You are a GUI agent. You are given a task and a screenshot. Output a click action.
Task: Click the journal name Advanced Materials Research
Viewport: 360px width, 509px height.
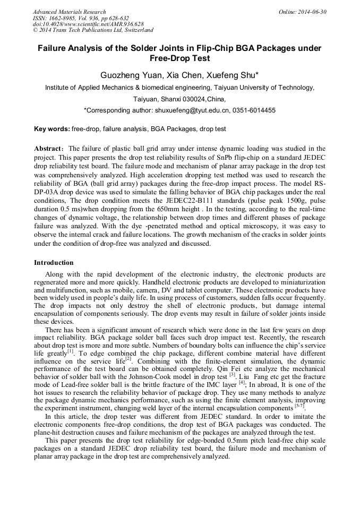point(69,12)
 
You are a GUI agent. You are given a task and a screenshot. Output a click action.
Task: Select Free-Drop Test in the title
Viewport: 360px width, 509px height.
point(179,58)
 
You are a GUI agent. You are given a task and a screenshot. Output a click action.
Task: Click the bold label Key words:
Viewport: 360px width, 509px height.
point(52,129)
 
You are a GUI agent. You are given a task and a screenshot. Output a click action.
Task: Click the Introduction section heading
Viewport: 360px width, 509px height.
point(54,263)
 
